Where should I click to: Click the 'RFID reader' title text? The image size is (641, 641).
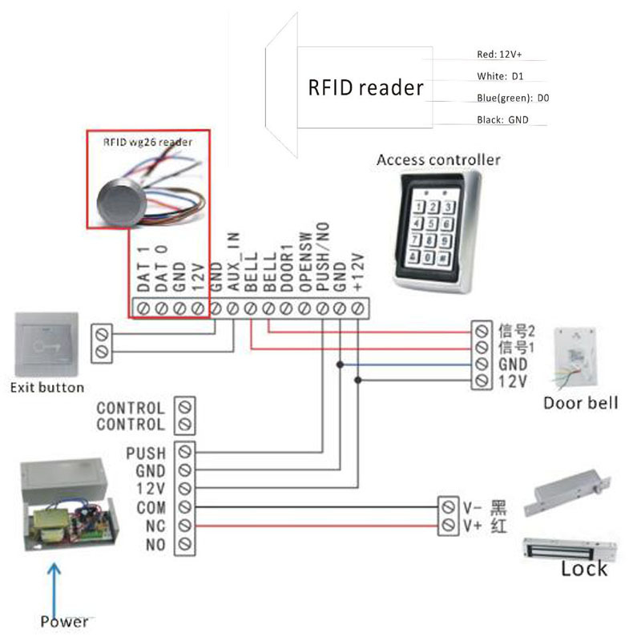tap(365, 87)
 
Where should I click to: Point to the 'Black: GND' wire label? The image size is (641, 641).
tap(502, 119)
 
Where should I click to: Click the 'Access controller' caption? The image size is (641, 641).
tap(438, 159)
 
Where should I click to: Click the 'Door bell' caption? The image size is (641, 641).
tap(580, 403)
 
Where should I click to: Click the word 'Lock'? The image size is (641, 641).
tap(584, 569)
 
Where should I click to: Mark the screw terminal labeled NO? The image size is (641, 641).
tap(185, 545)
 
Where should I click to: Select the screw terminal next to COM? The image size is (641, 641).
tap(185, 507)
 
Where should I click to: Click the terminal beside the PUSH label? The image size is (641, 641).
tap(185, 452)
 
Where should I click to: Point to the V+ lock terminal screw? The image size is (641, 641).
tap(447, 526)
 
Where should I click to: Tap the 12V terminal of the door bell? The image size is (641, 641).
tap(482, 381)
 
